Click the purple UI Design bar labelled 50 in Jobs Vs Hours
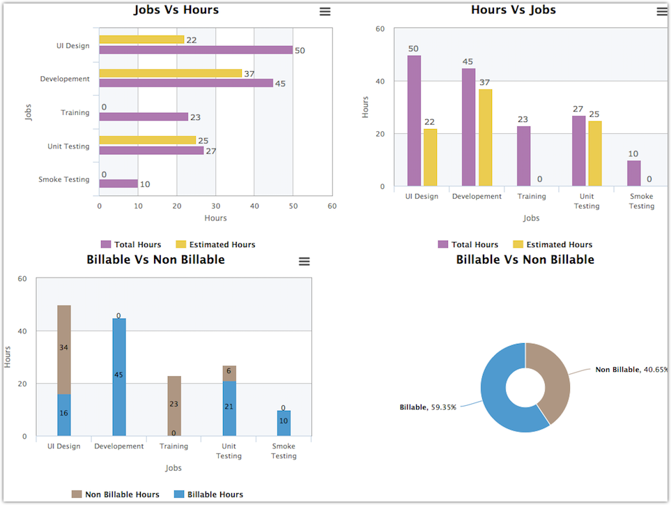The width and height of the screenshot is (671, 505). pos(196,50)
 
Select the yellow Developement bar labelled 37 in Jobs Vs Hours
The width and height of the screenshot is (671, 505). pos(170,73)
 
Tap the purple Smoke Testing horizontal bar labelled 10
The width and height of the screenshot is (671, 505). pos(118,184)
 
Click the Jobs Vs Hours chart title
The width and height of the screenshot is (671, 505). pos(176,10)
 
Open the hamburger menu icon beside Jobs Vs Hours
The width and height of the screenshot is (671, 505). pos(325,11)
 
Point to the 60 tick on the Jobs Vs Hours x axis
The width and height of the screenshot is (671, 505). pos(332,206)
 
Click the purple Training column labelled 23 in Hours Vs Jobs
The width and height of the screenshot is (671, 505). pos(523,156)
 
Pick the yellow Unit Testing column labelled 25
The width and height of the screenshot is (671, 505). pos(595,153)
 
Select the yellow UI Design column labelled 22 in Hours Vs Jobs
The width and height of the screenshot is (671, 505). pos(430,158)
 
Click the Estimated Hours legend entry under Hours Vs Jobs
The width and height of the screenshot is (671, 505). pos(553,245)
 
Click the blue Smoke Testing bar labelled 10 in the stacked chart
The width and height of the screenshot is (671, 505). pos(284,423)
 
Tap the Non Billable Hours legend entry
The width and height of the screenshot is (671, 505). pos(115,495)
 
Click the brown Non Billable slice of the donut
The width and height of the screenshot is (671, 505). pos(554,380)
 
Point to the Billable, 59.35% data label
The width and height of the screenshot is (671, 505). pos(428,407)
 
